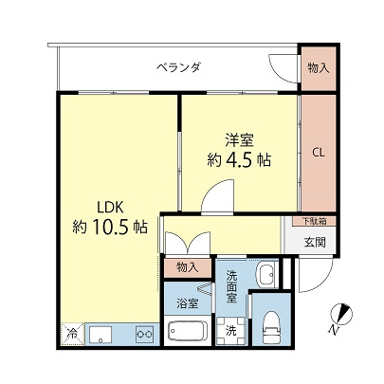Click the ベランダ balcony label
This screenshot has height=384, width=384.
[x=178, y=67]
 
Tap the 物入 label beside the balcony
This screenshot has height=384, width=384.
[x=320, y=67]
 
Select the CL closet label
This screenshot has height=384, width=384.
[x=319, y=153]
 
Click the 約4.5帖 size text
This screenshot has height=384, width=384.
[x=238, y=159]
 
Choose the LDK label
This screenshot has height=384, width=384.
[x=107, y=206]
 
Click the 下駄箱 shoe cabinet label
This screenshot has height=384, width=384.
[x=312, y=221]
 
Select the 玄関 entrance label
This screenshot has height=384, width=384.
[x=315, y=241]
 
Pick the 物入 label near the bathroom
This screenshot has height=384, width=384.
[x=188, y=269]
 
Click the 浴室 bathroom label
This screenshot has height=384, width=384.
[x=188, y=303]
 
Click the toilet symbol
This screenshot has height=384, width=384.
[x=272, y=325]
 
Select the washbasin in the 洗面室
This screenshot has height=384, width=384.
[x=265, y=275]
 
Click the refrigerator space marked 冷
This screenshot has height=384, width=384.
[x=71, y=334]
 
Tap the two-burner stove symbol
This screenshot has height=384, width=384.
[x=145, y=333]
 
